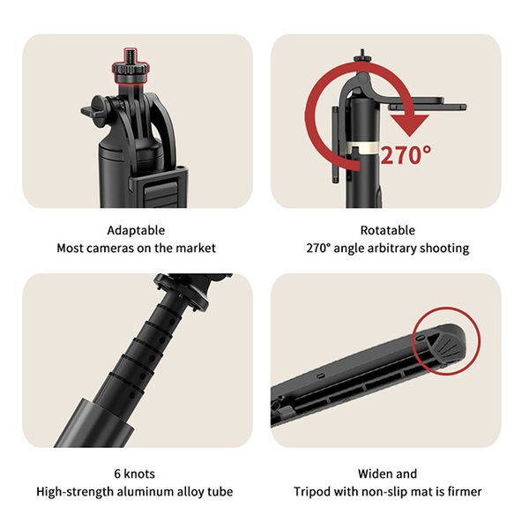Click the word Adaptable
pyautogui.click(x=136, y=231)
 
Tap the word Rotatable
pyautogui.click(x=388, y=230)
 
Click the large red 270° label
pyautogui.click(x=406, y=155)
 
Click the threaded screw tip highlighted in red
pyautogui.click(x=130, y=56)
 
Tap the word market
pyautogui.click(x=196, y=249)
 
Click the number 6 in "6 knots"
pyautogui.click(x=117, y=474)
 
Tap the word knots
pyautogui.click(x=139, y=474)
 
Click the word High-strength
pyautogui.click(x=75, y=492)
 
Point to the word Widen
pyautogui.click(x=374, y=474)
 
